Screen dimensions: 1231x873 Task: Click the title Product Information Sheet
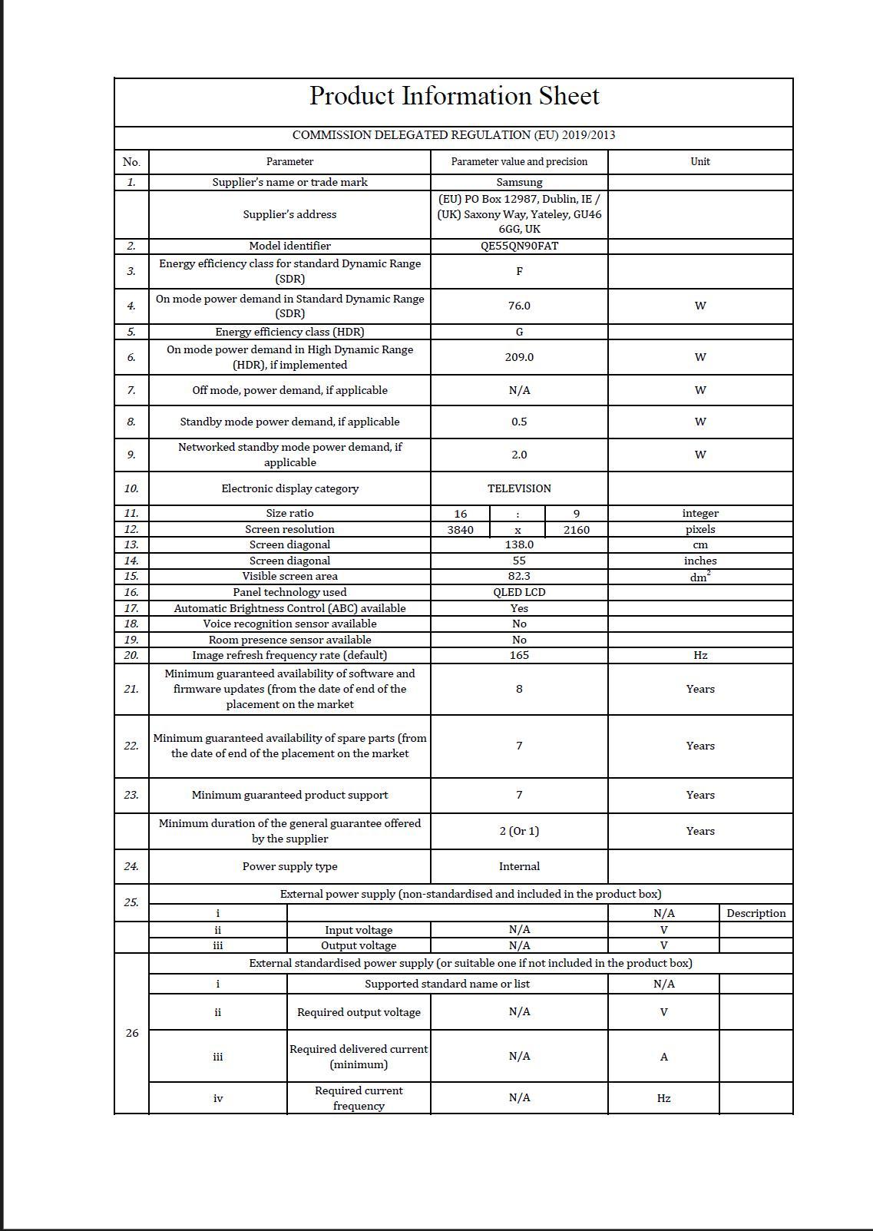454,96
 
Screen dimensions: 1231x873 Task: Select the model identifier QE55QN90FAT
519,246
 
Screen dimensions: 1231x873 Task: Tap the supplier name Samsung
519,182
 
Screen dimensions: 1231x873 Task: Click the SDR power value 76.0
519,306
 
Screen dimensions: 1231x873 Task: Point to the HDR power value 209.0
519,357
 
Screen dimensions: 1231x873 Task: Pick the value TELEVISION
519,488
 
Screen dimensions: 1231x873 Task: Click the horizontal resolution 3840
461,530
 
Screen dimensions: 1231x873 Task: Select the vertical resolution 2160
577,530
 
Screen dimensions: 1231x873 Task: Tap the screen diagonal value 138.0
519,544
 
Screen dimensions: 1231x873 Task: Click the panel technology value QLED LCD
519,592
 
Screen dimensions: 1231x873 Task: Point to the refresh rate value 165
519,655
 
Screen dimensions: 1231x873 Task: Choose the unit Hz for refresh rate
700,655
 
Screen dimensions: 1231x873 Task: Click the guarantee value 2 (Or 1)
519,831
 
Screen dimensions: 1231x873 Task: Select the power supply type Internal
519,866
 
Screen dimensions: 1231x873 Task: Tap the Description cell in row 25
756,913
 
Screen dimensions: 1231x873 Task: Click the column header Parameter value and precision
519,161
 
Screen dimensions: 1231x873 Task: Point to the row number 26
131,1033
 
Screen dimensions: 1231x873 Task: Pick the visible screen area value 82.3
519,576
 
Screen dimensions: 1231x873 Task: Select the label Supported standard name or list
447,984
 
